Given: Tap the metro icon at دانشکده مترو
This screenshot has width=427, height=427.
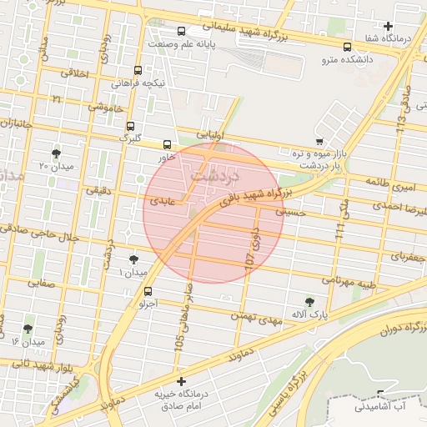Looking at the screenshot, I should [x=347, y=47].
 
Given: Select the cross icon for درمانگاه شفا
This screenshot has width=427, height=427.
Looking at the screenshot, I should [x=389, y=27].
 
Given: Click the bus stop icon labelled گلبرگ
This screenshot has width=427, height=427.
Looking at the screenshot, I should [x=129, y=126].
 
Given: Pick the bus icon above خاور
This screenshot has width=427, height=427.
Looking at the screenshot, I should [x=167, y=143].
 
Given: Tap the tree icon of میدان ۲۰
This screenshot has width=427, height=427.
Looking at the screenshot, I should [x=56, y=153].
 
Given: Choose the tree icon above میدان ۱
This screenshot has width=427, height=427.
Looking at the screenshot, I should [x=134, y=260].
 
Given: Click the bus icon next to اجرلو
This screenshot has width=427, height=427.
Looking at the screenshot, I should [x=148, y=291].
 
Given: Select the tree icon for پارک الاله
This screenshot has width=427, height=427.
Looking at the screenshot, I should [x=310, y=301].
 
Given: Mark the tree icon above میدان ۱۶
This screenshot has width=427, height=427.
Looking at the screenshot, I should [x=28, y=329].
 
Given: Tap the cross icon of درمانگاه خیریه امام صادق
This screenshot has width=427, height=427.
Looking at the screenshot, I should [x=181, y=381].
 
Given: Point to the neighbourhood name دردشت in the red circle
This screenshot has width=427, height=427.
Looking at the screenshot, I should [x=214, y=177].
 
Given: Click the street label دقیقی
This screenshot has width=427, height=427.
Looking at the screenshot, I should [x=92, y=189].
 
